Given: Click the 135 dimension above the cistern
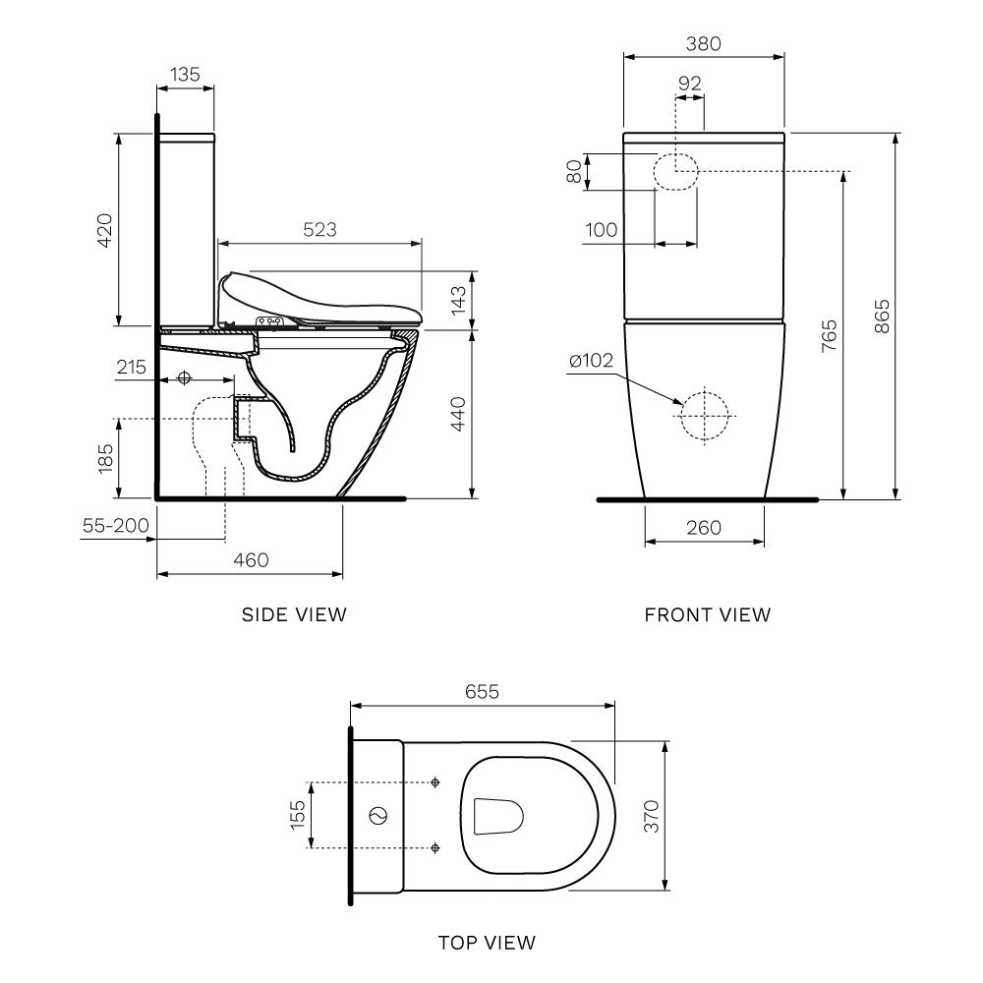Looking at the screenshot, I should click(185, 74).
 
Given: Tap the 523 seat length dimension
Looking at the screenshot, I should click(319, 229).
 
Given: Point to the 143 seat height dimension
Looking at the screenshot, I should click(458, 300).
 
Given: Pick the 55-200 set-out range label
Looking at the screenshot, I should click(115, 526).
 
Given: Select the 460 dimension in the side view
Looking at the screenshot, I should click(250, 559).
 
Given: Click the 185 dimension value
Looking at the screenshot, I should click(105, 457).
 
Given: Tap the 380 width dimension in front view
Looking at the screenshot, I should click(704, 44).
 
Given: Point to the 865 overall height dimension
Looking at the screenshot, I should click(882, 316).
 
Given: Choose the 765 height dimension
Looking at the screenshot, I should click(829, 335).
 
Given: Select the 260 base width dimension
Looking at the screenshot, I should click(704, 528).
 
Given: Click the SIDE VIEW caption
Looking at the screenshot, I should click(294, 614).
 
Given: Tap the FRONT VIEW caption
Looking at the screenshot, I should click(708, 614).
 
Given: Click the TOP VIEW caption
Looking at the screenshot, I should click(487, 943).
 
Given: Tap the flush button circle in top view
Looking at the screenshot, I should click(376, 816).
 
